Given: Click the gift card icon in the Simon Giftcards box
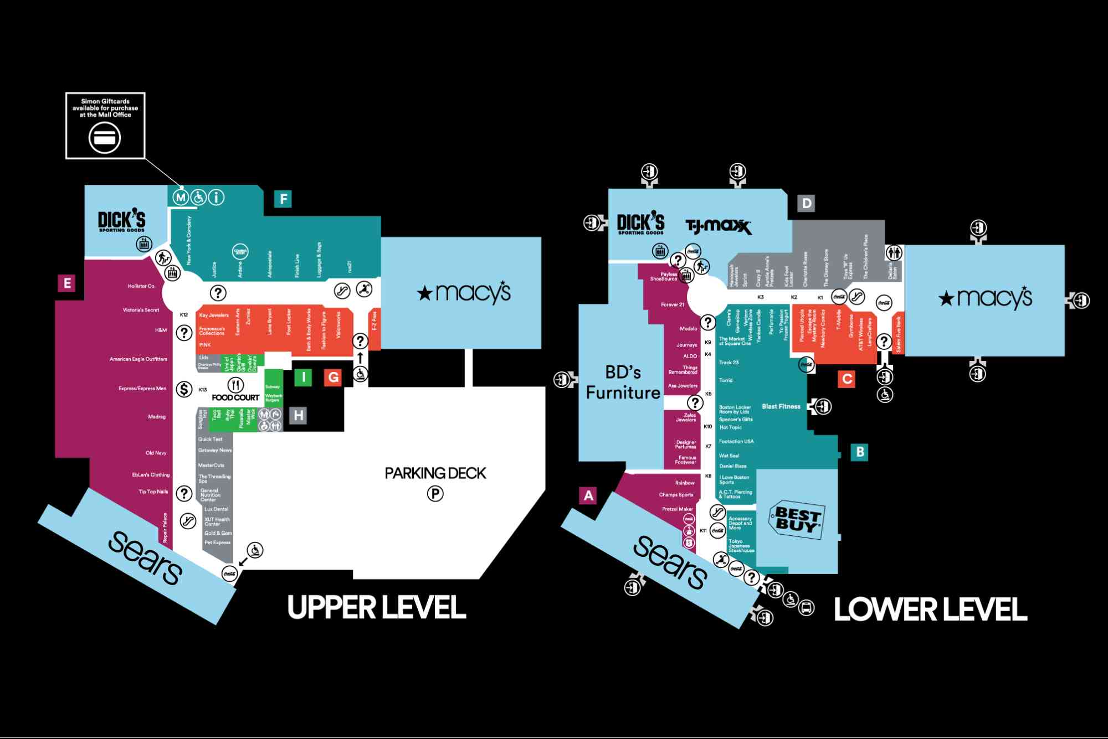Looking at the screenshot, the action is pos(105,138).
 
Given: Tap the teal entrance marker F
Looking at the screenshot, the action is pos(283,199).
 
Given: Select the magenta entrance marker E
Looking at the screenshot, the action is pos(67,283).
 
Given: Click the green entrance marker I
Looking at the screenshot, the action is pos(303,378).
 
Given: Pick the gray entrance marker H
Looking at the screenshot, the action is pos(299,415).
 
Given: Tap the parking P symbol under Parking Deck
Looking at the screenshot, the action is pos(435,493).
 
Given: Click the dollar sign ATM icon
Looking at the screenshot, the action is pos(184,389).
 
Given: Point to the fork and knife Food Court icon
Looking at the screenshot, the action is pos(236,385).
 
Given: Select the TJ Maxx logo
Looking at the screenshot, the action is pos(719,226).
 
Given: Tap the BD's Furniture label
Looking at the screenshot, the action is pos(623,382).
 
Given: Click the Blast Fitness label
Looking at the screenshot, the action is pos(781,406).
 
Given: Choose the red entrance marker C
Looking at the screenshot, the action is pos(847,379).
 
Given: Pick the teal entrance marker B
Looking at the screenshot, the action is pos(860,452).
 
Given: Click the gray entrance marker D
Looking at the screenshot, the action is pos(807,203).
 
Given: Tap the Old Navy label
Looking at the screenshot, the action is pos(156,453).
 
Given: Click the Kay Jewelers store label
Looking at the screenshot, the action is pos(214,316).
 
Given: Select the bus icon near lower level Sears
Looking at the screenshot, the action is pos(807,608).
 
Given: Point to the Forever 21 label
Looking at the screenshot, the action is pos(672,304).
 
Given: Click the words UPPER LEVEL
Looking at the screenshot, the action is pos(376,607).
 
